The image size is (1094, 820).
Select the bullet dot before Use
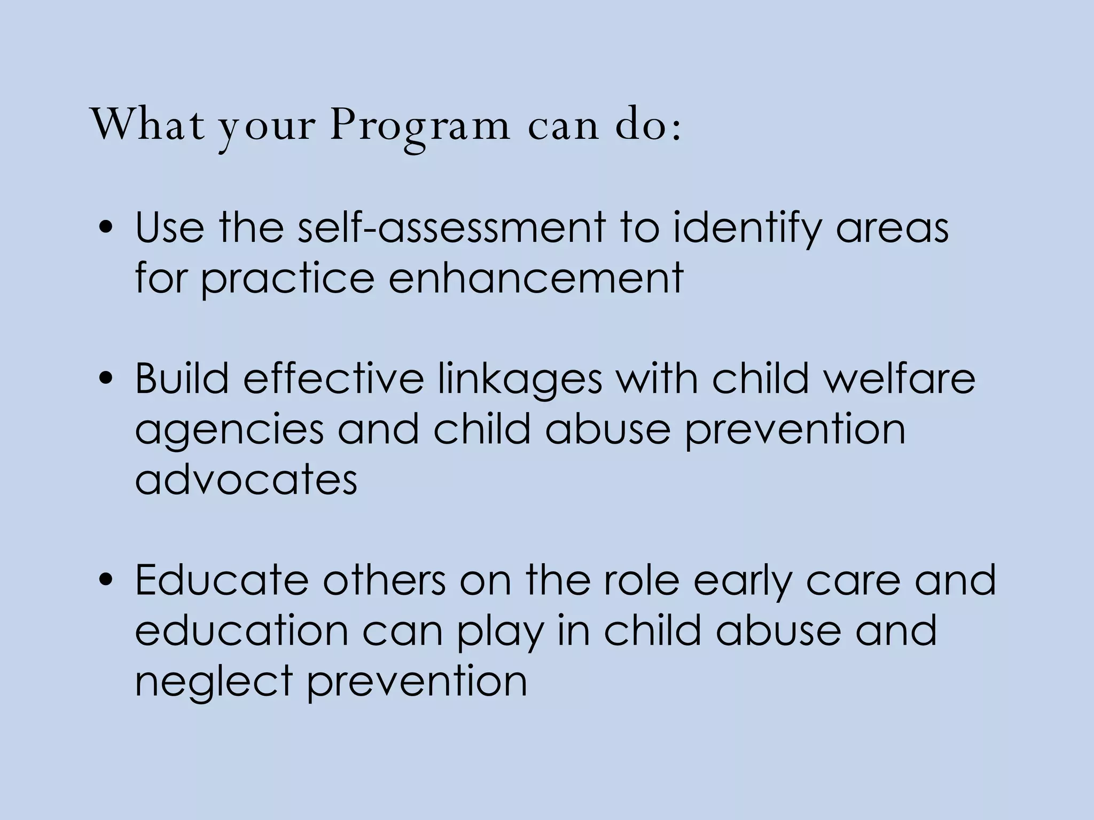pos(107,228)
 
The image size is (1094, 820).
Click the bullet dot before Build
pos(107,380)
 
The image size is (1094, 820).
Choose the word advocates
pos(246,479)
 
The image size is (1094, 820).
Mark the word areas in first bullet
pos(892,228)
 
